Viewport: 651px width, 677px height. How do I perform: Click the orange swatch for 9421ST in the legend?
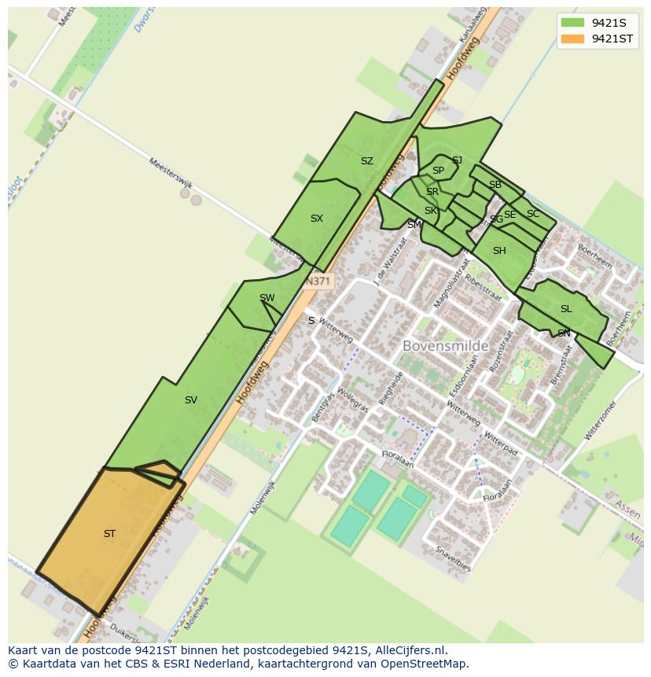pyautogui.click(x=572, y=39)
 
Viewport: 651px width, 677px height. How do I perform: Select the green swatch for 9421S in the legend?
pyautogui.click(x=572, y=23)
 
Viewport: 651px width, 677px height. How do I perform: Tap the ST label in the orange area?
pyautogui.click(x=109, y=534)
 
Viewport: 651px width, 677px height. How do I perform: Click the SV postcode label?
pyautogui.click(x=190, y=400)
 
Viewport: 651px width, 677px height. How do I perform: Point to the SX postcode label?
pyautogui.click(x=316, y=219)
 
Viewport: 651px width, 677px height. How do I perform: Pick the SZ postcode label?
pyautogui.click(x=366, y=161)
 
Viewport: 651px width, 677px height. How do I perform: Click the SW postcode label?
pyautogui.click(x=267, y=297)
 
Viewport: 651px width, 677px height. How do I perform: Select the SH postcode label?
pyautogui.click(x=499, y=251)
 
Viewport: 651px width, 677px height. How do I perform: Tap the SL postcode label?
pyautogui.click(x=566, y=309)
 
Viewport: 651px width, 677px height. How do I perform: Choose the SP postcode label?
pyautogui.click(x=438, y=171)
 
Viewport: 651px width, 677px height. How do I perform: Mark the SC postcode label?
pyautogui.click(x=533, y=214)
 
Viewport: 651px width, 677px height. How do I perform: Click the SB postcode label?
pyautogui.click(x=495, y=185)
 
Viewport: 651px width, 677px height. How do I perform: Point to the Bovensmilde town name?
pyautogui.click(x=445, y=346)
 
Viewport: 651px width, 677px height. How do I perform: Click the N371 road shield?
pyautogui.click(x=318, y=281)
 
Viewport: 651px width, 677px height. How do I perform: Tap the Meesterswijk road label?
pyautogui.click(x=171, y=173)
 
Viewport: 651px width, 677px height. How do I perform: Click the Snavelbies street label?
pyautogui.click(x=454, y=557)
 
